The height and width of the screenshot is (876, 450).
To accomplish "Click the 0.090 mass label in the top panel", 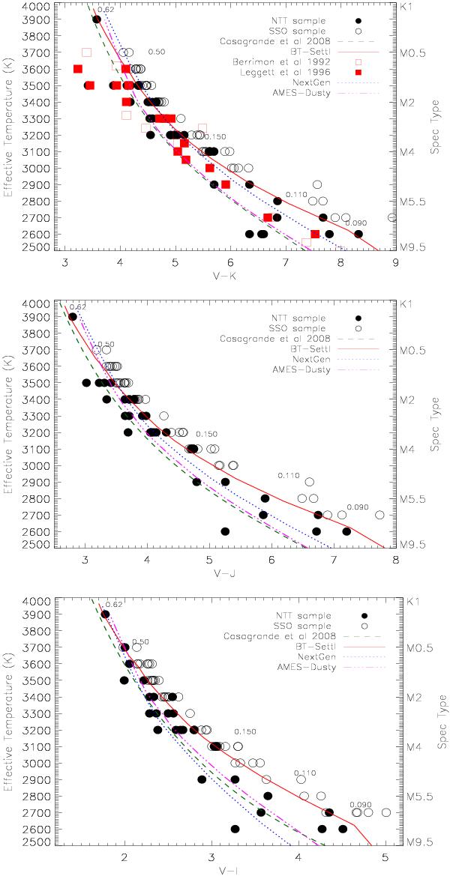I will pyautogui.click(x=355, y=223).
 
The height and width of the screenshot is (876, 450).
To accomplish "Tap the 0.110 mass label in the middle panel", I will pyautogui.click(x=289, y=476).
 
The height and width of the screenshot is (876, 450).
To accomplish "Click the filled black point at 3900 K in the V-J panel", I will pyautogui.click(x=73, y=316).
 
